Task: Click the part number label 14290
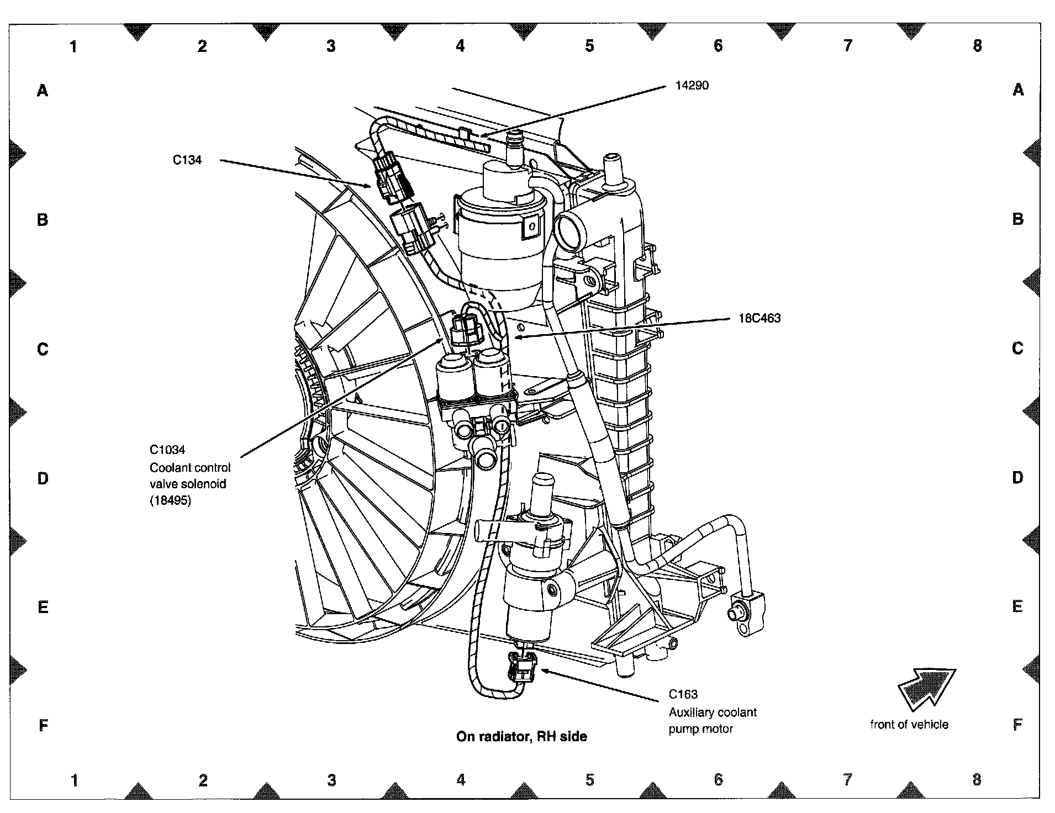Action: pyautogui.click(x=692, y=86)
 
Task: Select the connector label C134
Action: pyautogui.click(x=187, y=160)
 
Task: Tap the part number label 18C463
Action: pyautogui.click(x=759, y=318)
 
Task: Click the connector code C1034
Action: pyautogui.click(x=167, y=450)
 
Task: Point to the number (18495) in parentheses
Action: pyautogui.click(x=170, y=501)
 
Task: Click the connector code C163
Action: pyautogui.click(x=683, y=695)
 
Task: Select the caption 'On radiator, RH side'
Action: pyautogui.click(x=521, y=736)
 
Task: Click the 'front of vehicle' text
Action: pyautogui.click(x=909, y=725)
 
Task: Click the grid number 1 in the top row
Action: pyautogui.click(x=73, y=46)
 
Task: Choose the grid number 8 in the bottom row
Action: pyautogui.click(x=977, y=780)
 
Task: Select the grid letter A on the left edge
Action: pyautogui.click(x=43, y=90)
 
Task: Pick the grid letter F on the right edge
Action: pyautogui.click(x=1017, y=725)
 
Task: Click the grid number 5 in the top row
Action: pyautogui.click(x=589, y=46)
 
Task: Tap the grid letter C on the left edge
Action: pyautogui.click(x=43, y=349)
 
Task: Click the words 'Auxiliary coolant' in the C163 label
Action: pyautogui.click(x=713, y=712)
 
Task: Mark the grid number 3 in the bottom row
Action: pyautogui.click(x=331, y=780)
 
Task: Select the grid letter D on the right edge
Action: pyautogui.click(x=1017, y=478)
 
